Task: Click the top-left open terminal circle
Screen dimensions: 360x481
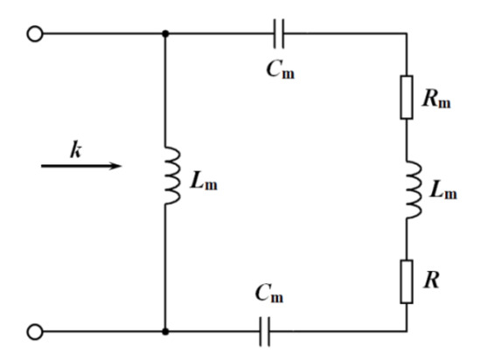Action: (x=36, y=34)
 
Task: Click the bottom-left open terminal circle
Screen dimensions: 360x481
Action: (x=36, y=331)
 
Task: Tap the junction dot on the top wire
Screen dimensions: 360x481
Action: (x=165, y=34)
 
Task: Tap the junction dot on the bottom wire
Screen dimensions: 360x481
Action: (x=165, y=331)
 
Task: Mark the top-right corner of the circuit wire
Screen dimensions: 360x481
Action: (x=407, y=34)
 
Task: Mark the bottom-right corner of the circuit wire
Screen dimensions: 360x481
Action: (x=407, y=331)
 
